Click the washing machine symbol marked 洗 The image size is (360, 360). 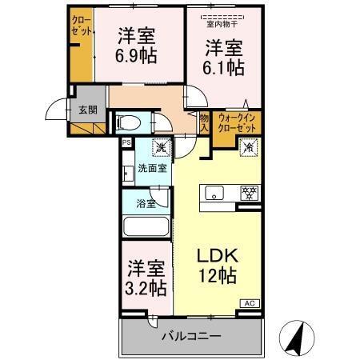click(x=160, y=148)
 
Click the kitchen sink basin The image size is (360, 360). click(x=215, y=193)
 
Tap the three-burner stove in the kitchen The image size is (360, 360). click(x=250, y=193)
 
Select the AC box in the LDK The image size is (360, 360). click(x=250, y=303)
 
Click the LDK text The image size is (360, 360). click(x=217, y=257)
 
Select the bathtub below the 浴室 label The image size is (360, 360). click(x=146, y=226)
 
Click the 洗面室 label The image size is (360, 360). click(x=151, y=168)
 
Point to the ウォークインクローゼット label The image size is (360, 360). click(x=238, y=122)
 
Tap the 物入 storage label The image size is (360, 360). click(x=203, y=122)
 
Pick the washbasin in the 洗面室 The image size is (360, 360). click(x=127, y=173)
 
